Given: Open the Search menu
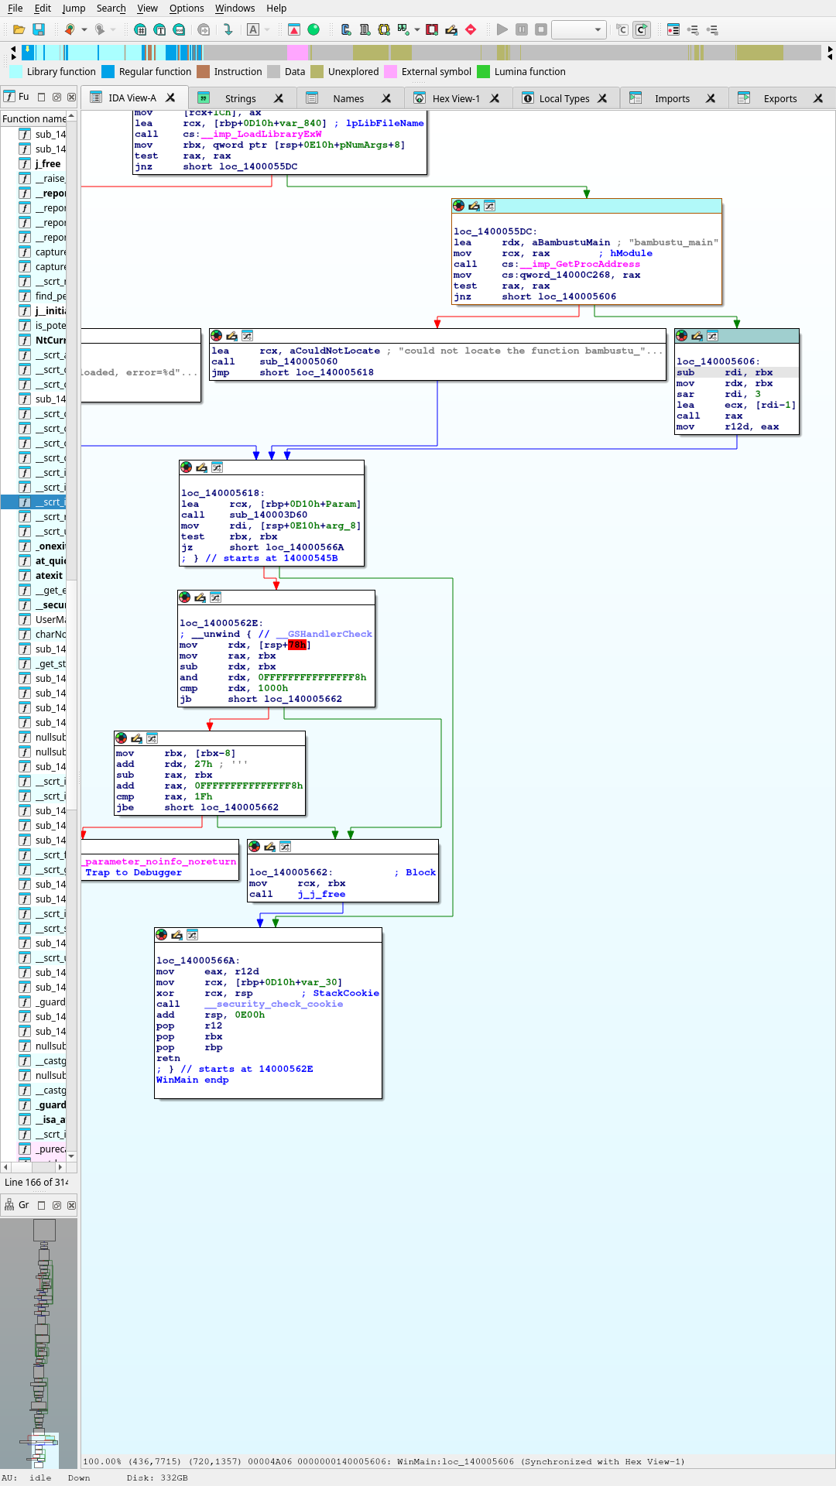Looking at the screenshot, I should (111, 9).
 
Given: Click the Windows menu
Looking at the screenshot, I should (235, 9).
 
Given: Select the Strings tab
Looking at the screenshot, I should (240, 98).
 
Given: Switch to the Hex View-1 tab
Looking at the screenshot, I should (455, 98).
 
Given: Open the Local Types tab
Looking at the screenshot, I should (564, 98).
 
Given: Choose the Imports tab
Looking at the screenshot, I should (671, 98).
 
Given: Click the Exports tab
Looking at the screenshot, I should (779, 98).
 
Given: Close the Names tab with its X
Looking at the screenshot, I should (386, 98).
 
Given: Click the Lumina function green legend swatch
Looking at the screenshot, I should (483, 72).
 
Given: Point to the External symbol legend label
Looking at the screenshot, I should (436, 72).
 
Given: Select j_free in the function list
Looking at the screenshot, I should (48, 164).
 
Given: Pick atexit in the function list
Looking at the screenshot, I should (49, 576).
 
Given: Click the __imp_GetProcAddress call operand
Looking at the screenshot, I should (580, 264).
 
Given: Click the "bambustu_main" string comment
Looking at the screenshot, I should (673, 242).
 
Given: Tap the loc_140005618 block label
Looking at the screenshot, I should (222, 493).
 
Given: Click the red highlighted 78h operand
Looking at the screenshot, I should (297, 645).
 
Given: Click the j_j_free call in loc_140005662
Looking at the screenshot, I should (321, 894).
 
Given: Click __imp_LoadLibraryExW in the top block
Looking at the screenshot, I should (261, 134).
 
